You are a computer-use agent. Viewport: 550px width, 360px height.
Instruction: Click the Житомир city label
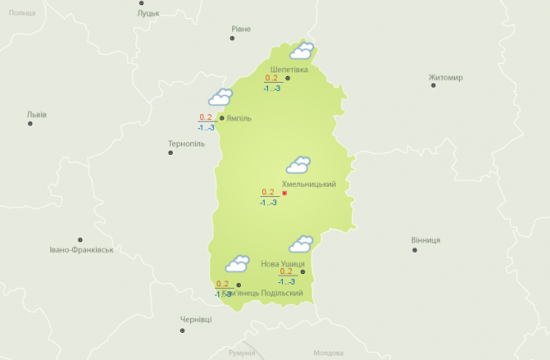[x=446, y=78]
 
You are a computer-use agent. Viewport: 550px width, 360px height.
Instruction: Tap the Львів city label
[x=36, y=114]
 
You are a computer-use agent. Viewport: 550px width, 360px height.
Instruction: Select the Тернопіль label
[x=185, y=144]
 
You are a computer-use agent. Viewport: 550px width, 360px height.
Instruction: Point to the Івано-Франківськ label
[x=80, y=249]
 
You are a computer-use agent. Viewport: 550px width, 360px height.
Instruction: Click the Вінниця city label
[x=425, y=240]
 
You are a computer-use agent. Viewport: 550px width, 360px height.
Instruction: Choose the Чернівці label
[x=196, y=319]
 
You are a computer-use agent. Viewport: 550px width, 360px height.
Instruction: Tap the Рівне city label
[x=241, y=29]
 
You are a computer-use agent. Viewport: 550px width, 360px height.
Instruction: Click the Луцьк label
[x=148, y=13]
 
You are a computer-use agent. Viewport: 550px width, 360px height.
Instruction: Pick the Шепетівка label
[x=289, y=69]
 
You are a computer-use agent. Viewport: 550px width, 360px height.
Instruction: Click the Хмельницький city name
[x=308, y=184]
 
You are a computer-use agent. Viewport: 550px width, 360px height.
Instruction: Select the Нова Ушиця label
[x=282, y=263]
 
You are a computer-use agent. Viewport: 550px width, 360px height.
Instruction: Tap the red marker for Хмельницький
[x=285, y=193]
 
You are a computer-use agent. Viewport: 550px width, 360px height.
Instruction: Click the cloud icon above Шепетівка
[x=301, y=51]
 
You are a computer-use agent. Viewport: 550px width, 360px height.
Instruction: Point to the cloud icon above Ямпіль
[x=220, y=98]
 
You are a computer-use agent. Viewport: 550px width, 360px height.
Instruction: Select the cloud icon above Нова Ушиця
[x=299, y=244]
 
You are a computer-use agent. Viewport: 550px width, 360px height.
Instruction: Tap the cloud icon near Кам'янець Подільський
[x=237, y=264]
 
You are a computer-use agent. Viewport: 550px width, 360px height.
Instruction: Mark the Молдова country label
[x=328, y=353]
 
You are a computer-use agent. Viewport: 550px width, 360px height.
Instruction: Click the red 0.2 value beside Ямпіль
[x=206, y=117]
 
